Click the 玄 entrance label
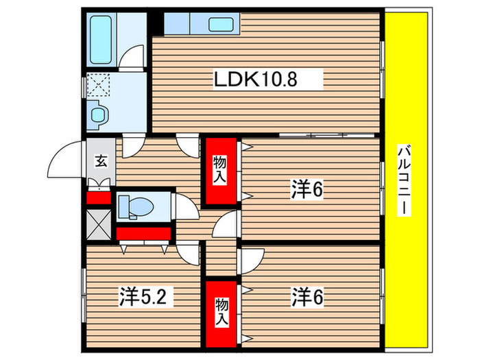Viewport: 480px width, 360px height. (x=100, y=162)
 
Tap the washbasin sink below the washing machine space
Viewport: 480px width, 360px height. (x=98, y=114)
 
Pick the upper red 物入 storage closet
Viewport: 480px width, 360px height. (x=220, y=170)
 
